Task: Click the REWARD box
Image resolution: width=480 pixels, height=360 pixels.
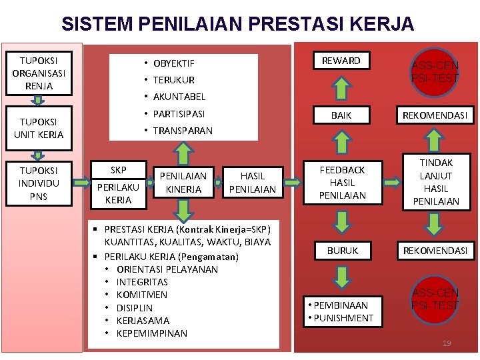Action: [x=341, y=61]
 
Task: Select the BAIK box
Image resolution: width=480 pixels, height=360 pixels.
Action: [x=341, y=115]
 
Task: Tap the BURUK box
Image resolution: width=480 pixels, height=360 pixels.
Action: [x=342, y=251]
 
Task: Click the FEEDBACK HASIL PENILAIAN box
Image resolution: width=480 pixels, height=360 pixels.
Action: [x=342, y=183]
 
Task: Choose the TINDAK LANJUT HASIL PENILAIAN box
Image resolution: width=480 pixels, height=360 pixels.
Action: [x=436, y=182]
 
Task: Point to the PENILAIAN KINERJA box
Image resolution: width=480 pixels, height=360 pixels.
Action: [x=183, y=183]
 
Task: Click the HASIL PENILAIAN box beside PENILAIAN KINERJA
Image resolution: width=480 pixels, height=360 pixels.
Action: [x=252, y=183]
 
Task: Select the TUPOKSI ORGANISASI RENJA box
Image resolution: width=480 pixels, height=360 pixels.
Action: [x=38, y=73]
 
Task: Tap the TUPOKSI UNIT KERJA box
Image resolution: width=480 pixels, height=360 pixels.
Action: [x=38, y=128]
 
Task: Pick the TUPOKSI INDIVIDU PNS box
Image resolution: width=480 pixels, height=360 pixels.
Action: [x=38, y=183]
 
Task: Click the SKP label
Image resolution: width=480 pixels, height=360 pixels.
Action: [x=118, y=169]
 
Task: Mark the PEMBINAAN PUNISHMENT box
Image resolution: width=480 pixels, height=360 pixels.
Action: [x=342, y=311]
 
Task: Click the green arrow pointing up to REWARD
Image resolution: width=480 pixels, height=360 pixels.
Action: [x=341, y=89]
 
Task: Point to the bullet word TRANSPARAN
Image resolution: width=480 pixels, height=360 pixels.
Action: [x=183, y=131]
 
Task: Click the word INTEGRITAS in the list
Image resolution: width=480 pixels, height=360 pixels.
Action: [x=142, y=282]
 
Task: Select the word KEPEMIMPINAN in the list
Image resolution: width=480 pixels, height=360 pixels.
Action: [x=151, y=333]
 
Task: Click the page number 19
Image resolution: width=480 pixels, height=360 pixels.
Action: [x=447, y=343]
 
